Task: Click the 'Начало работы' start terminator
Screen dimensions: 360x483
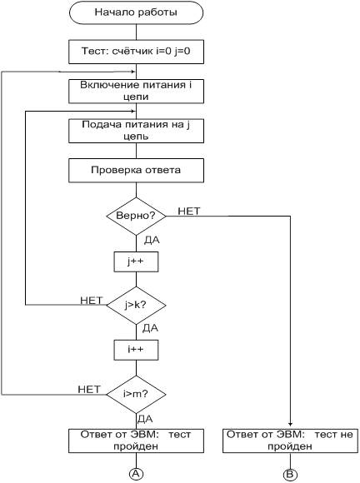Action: (136, 12)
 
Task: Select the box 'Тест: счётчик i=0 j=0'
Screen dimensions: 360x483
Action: (136, 52)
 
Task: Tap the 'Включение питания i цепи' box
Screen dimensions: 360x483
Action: (136, 91)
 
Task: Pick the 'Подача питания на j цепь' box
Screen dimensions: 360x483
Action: (136, 131)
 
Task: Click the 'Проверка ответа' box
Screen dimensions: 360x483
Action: (136, 171)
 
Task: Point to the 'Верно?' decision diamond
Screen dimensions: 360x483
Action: (136, 216)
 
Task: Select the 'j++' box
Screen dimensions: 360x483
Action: (136, 261)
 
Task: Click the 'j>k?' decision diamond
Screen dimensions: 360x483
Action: (136, 306)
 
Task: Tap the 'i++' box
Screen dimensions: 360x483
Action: (136, 350)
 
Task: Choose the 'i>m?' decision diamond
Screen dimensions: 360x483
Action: (136, 394)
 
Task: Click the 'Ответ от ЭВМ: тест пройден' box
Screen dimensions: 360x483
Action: (136, 441)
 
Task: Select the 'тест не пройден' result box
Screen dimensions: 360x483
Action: (290, 441)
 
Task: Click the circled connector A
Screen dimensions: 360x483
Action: (136, 474)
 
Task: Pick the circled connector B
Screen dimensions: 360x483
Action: (290, 474)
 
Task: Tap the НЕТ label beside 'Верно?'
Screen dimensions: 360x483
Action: (189, 211)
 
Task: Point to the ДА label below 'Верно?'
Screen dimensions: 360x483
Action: (152, 241)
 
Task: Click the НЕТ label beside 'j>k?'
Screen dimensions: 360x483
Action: (91, 301)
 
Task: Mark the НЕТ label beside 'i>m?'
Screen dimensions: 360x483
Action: (89, 389)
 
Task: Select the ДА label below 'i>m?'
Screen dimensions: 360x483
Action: (145, 419)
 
